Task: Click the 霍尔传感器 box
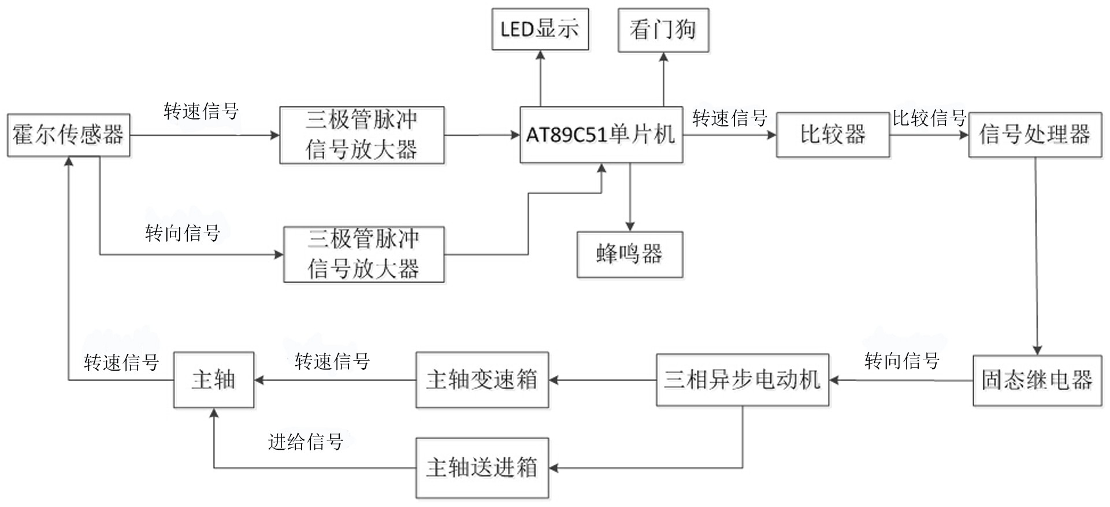(69, 135)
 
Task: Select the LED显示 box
(540, 29)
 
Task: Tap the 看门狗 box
(663, 30)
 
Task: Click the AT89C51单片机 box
(602, 135)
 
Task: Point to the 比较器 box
(833, 135)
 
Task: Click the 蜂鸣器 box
(630, 254)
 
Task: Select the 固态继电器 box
(1037, 380)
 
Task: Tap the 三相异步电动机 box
(743, 380)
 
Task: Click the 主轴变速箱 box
(482, 380)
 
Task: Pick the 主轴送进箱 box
(482, 468)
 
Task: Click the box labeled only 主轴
(214, 380)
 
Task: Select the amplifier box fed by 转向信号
(364, 254)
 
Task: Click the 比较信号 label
(929, 118)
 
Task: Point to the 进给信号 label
(306, 442)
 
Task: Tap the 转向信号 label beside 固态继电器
(902, 361)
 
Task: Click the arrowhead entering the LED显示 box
(540, 55)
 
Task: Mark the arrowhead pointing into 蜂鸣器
(630, 227)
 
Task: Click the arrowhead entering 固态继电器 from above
(1037, 350)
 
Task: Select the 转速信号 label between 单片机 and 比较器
(730, 119)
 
